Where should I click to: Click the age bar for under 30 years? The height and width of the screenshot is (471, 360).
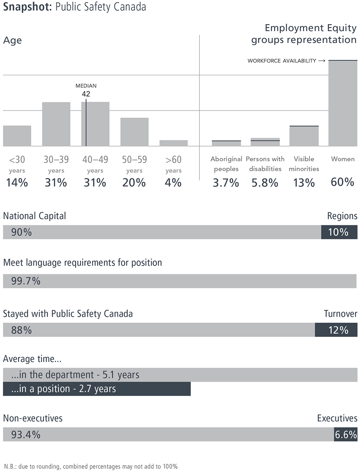click(x=17, y=136)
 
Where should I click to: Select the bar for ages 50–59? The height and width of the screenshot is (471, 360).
click(x=134, y=132)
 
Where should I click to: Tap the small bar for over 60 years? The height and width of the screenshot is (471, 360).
click(x=173, y=143)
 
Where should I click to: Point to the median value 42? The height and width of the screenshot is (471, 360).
click(x=86, y=94)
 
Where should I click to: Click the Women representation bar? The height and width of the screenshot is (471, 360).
click(x=343, y=103)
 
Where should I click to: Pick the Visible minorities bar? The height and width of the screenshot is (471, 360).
click(x=304, y=136)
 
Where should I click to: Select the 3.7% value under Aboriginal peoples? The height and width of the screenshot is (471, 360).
click(x=226, y=183)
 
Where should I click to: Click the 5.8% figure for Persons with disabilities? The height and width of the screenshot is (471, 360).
click(x=265, y=183)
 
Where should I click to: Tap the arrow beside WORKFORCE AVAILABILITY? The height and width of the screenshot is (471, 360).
click(x=321, y=61)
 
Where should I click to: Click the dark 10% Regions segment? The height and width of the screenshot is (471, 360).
click(x=339, y=232)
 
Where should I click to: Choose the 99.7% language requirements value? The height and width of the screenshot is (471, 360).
click(x=26, y=281)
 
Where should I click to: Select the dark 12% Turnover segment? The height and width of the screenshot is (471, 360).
click(x=336, y=330)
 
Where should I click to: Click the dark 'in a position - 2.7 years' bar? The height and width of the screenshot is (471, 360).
click(x=97, y=389)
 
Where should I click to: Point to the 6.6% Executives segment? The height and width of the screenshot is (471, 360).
click(x=345, y=435)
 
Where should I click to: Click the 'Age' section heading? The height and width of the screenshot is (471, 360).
click(x=12, y=40)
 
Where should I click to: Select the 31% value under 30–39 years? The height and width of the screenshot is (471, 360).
click(x=56, y=183)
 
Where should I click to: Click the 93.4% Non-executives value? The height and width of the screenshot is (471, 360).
click(x=26, y=435)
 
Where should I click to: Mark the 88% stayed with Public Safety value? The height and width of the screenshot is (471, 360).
click(x=21, y=330)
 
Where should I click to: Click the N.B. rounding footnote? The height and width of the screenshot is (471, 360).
click(x=90, y=467)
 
